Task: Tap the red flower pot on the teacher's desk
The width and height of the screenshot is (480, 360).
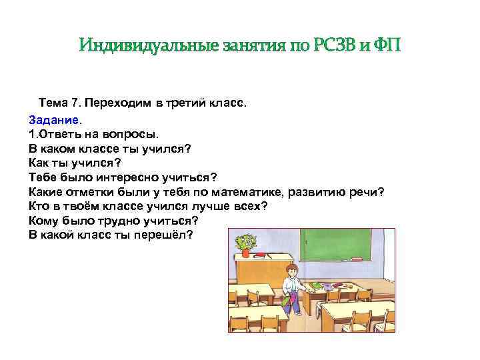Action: coord(246,252)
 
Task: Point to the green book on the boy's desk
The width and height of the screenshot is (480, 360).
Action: coord(317,286)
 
